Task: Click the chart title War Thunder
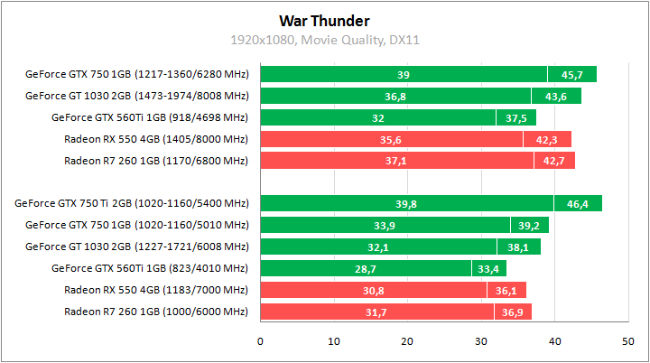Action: pyautogui.click(x=324, y=20)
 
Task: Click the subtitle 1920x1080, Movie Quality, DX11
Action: pyautogui.click(x=324, y=40)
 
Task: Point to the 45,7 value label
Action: pyautogui.click(x=571, y=74)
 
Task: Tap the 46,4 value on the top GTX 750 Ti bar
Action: pyautogui.click(x=578, y=204)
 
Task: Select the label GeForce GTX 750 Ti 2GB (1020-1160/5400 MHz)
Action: pyautogui.click(x=131, y=204)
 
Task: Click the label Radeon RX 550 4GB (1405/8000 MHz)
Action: pyautogui.click(x=155, y=139)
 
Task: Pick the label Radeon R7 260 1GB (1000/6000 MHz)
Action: pyautogui.click(x=155, y=312)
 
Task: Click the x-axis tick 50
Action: pyautogui.click(x=627, y=341)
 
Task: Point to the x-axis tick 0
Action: pyautogui.click(x=260, y=341)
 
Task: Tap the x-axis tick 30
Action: pyautogui.click(x=480, y=341)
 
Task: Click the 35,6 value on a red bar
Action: pyautogui.click(x=391, y=139)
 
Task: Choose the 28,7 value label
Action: pyautogui.click(x=366, y=269)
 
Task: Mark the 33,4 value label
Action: pyautogui.click(x=488, y=269)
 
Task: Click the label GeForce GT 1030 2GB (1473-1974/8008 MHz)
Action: pyautogui.click(x=136, y=96)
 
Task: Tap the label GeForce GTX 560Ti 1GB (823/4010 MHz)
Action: pyautogui.click(x=149, y=269)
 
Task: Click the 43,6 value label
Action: pyautogui.click(x=556, y=96)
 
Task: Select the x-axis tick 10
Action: pyautogui.click(x=334, y=341)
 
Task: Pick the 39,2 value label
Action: pyautogui.click(x=529, y=226)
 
